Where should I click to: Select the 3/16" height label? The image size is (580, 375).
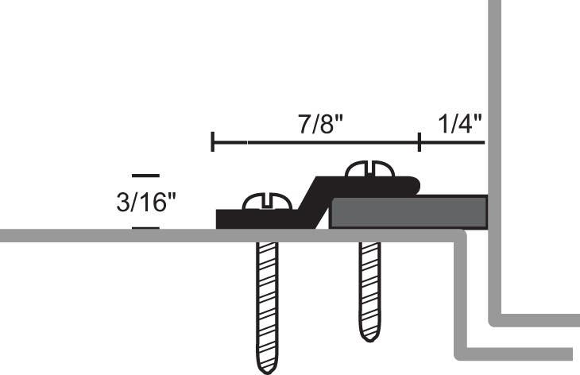point(145,202)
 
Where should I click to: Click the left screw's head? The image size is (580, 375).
point(267,203)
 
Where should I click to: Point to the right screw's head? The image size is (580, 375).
point(370,169)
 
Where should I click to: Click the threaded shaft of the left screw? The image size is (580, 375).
point(268,294)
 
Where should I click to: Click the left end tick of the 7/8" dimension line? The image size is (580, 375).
point(213,143)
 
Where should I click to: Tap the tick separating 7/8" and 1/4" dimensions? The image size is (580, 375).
point(419,143)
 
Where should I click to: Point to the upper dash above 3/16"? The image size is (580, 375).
point(145,175)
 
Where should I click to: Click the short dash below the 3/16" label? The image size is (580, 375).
point(145,228)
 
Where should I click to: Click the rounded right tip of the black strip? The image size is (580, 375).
point(415,185)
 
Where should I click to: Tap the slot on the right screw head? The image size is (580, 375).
point(370,167)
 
